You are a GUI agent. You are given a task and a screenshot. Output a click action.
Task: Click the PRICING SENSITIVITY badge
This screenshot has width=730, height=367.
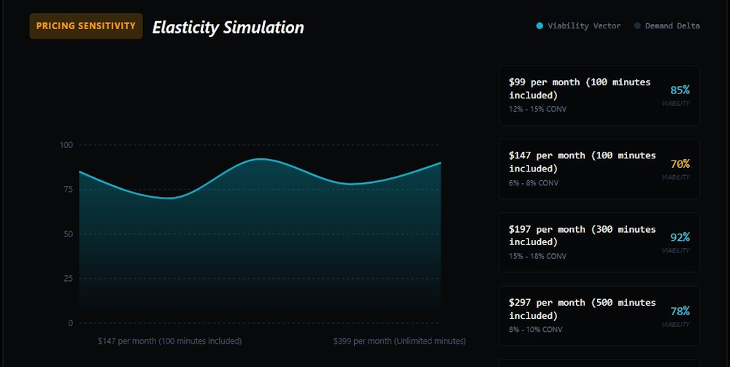click(x=86, y=26)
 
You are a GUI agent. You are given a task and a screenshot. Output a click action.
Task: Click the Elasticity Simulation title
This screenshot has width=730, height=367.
click(x=228, y=27)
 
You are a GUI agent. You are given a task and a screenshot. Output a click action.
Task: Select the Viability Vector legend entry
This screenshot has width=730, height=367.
click(x=579, y=26)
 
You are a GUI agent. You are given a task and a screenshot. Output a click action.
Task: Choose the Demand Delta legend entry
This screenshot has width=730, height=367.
click(x=667, y=26)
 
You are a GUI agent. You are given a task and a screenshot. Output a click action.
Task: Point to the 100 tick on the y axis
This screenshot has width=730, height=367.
click(x=66, y=144)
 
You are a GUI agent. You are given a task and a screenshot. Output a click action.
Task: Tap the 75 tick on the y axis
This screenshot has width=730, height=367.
click(x=69, y=189)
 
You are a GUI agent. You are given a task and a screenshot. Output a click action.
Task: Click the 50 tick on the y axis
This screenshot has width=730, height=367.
click(x=69, y=234)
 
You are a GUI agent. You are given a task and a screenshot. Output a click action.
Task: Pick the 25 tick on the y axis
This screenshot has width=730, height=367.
click(x=69, y=279)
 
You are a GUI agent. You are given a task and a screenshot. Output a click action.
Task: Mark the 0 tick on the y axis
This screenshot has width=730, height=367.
click(x=71, y=323)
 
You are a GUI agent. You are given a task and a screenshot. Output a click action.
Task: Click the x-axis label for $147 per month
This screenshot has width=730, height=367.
click(x=170, y=341)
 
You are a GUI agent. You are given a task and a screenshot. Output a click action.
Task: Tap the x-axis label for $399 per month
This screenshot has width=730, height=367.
click(x=399, y=341)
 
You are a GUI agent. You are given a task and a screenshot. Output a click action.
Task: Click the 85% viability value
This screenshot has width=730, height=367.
click(x=680, y=90)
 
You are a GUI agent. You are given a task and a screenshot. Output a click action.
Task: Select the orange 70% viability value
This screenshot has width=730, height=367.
click(x=680, y=163)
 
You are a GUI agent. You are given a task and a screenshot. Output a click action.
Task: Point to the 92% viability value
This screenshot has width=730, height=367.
click(x=680, y=237)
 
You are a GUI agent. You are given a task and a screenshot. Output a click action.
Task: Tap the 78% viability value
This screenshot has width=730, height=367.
click(x=680, y=311)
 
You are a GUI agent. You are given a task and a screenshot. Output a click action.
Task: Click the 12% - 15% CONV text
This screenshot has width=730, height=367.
click(x=537, y=109)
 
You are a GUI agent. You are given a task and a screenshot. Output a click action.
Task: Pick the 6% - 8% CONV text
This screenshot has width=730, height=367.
click(x=534, y=183)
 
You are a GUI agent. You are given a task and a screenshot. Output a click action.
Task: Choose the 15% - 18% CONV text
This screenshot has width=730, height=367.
click(x=537, y=256)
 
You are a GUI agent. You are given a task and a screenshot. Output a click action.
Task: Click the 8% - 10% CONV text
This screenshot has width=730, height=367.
click(x=535, y=330)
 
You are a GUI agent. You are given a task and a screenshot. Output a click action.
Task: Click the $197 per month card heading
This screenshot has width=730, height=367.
click(x=583, y=236)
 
